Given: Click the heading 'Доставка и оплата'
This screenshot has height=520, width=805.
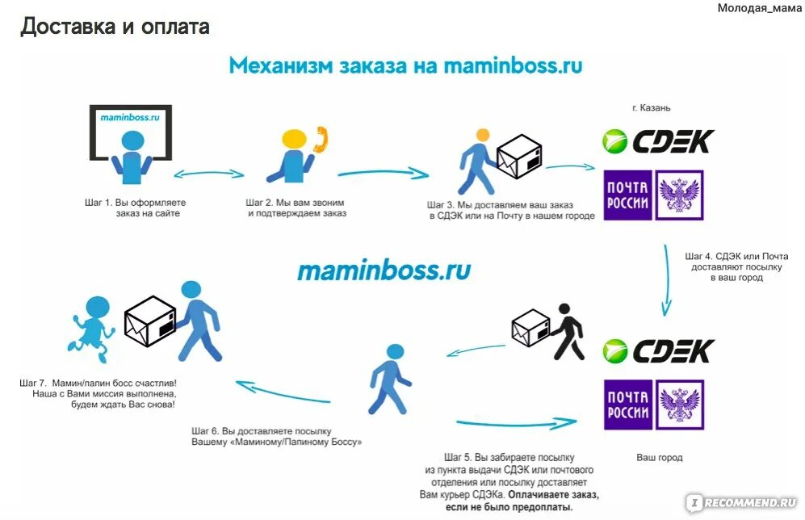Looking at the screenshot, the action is click(x=115, y=26).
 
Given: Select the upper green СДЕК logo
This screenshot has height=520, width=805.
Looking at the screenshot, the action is click(x=658, y=141).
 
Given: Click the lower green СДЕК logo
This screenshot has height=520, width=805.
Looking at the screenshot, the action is click(x=658, y=350).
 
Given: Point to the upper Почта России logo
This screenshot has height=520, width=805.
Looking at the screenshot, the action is click(x=653, y=195).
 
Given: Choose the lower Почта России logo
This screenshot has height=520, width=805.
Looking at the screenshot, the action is click(x=653, y=405).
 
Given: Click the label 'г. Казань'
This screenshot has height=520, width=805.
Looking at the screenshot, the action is click(x=651, y=107).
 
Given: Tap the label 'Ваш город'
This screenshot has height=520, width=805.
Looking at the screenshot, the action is click(x=659, y=458).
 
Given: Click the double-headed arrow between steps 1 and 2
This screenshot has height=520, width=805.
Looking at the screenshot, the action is click(x=209, y=173).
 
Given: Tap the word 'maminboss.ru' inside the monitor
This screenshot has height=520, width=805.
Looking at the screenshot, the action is click(x=130, y=117).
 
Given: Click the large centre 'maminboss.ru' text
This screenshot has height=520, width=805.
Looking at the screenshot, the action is click(x=384, y=270).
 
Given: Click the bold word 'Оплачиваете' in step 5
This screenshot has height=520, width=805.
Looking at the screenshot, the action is click(x=540, y=494).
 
